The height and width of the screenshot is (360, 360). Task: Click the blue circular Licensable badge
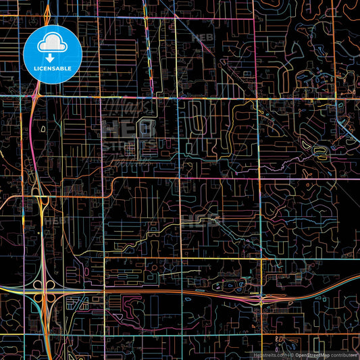(53, 54)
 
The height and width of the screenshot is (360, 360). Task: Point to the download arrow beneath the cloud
(53, 59)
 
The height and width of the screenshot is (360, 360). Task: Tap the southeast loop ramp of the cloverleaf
(51, 298)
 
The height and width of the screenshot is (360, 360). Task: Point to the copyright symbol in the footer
(291, 354)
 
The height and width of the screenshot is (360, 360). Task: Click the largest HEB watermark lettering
(128, 128)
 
